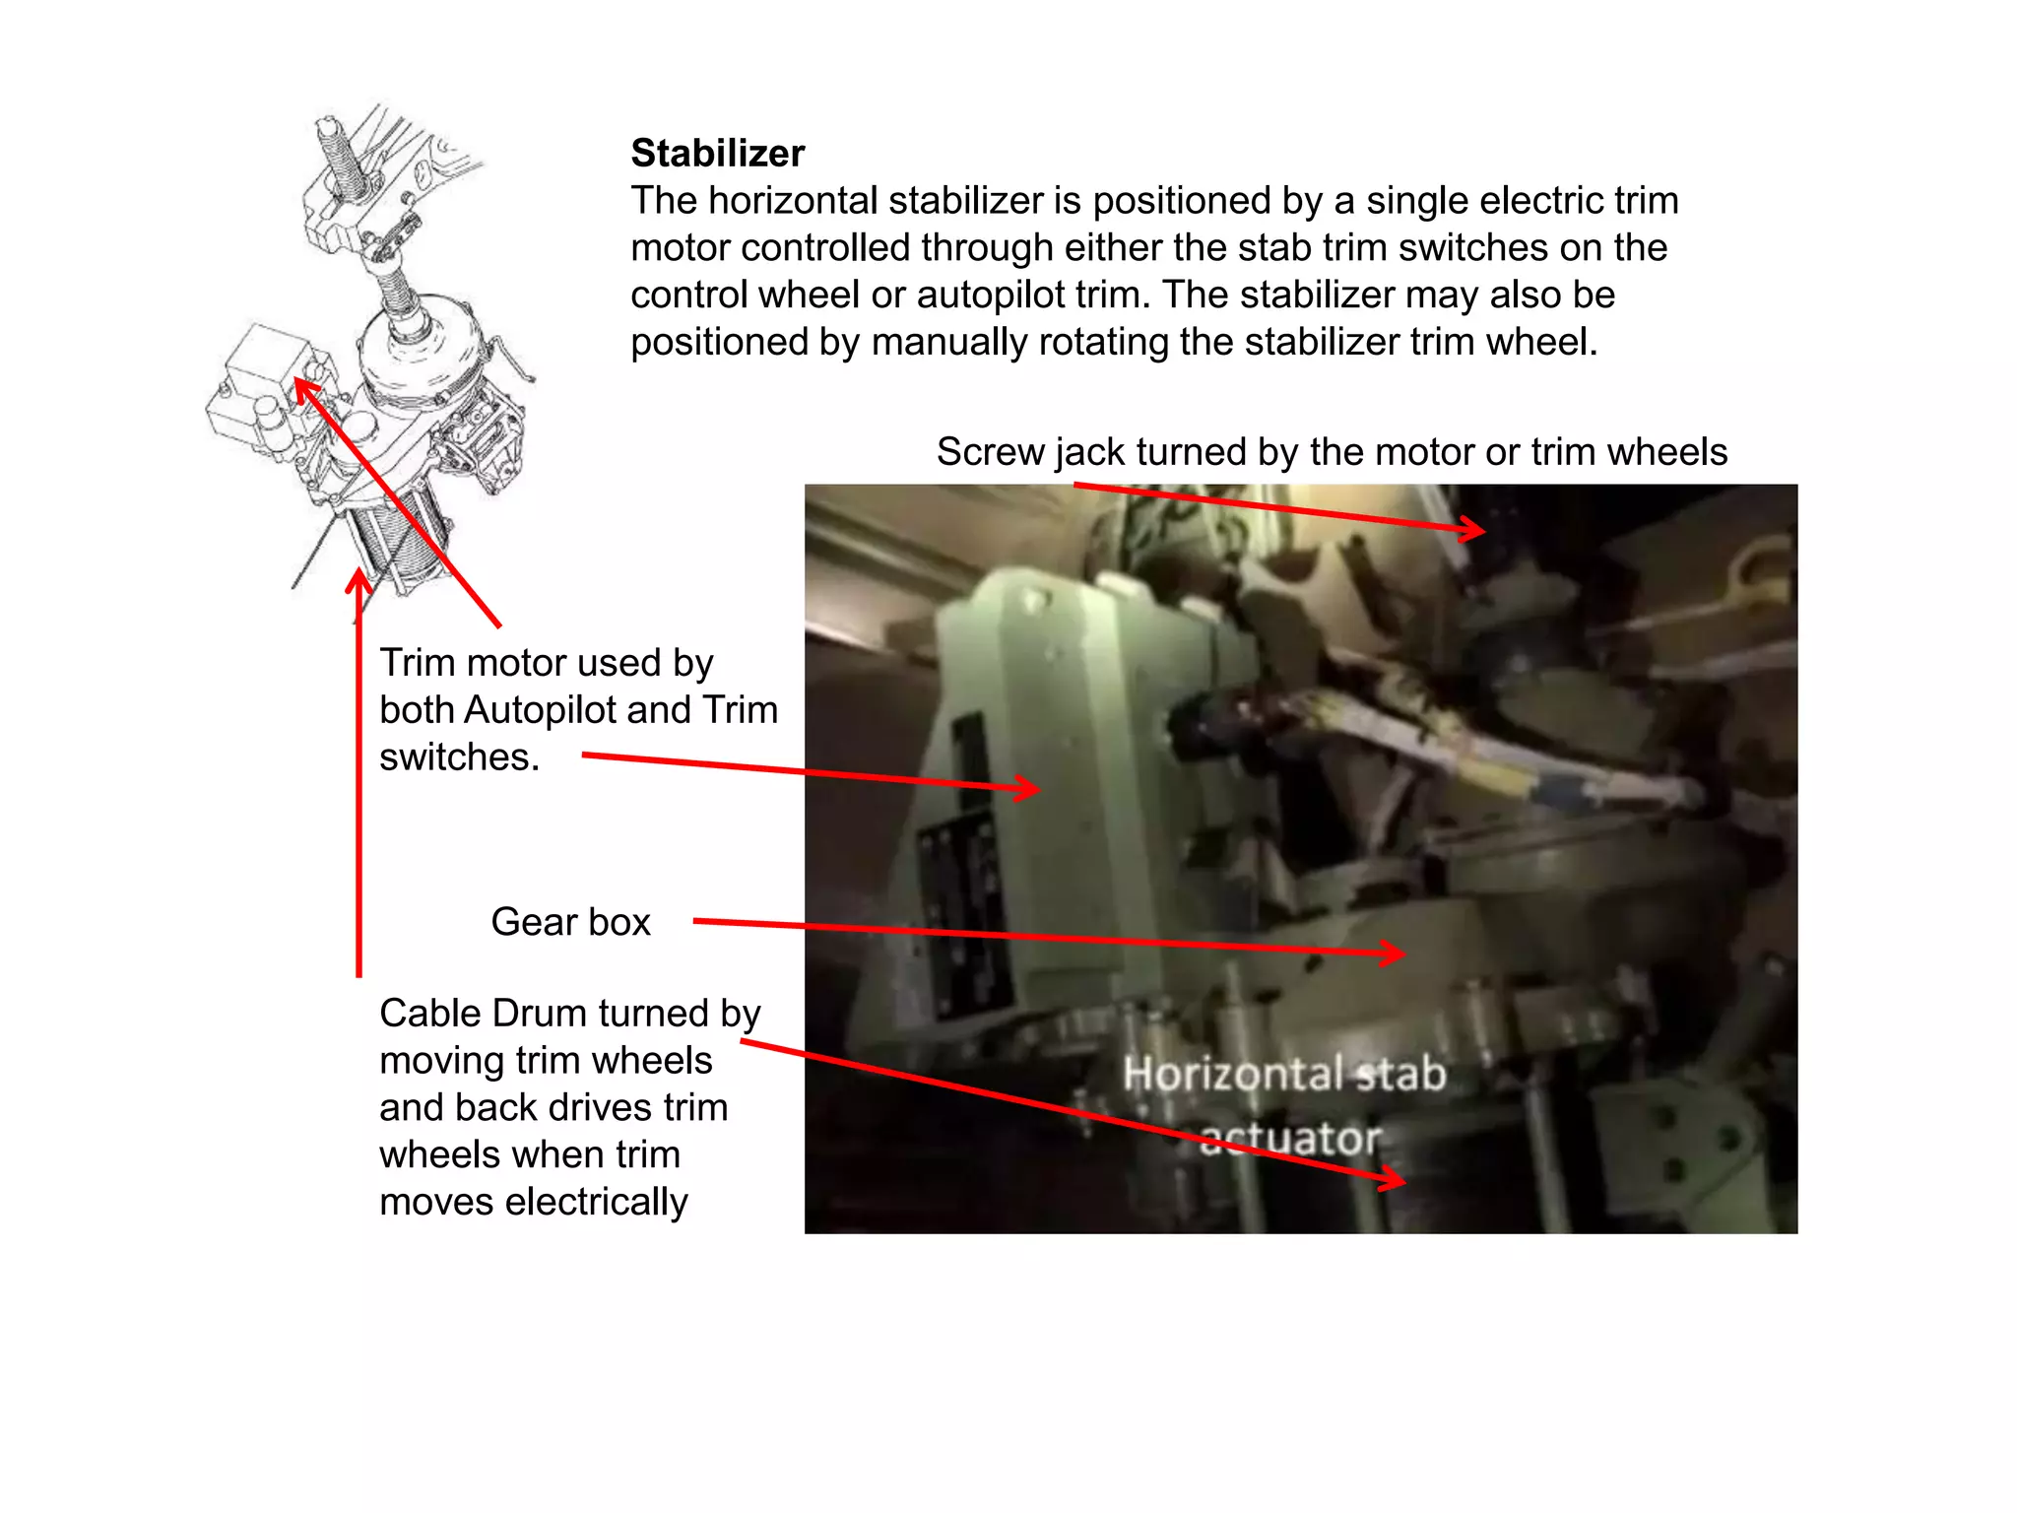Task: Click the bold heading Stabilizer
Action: click(x=717, y=154)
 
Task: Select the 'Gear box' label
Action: click(x=570, y=922)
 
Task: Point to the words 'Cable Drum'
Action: click(x=483, y=1014)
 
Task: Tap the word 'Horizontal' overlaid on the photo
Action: click(x=1237, y=1074)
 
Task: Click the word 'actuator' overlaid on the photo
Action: click(x=1290, y=1139)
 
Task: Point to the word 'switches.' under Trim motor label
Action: click(x=459, y=757)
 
